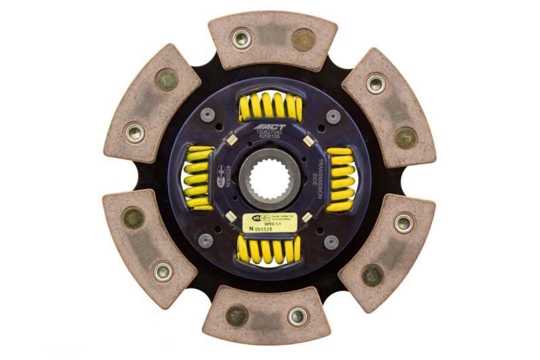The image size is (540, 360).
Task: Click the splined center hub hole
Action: click(x=270, y=179)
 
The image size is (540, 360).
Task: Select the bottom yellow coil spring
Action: click(x=269, y=250)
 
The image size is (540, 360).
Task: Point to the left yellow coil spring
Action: click(x=198, y=179)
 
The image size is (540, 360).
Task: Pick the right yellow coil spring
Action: click(x=341, y=179)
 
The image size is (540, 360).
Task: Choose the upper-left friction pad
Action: click(x=151, y=104)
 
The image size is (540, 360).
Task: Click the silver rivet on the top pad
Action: click(x=242, y=38)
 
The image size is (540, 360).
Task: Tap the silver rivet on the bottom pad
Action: click(x=297, y=315)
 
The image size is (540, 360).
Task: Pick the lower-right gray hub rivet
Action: click(x=331, y=242)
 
